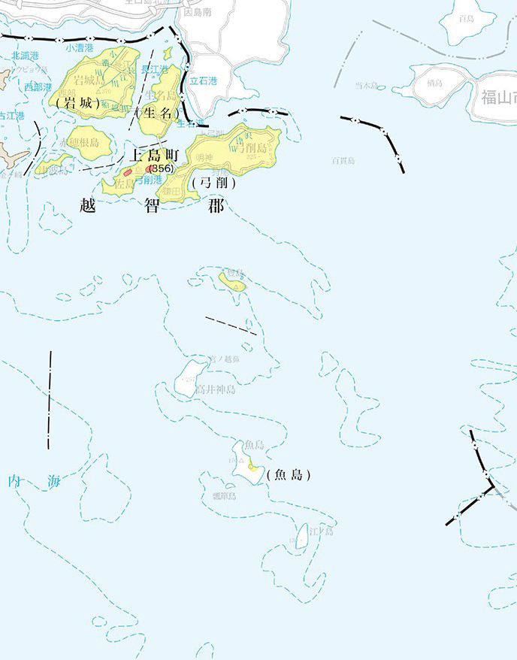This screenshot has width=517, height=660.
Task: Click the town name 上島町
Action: [x=153, y=156]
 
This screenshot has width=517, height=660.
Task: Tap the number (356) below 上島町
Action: [x=161, y=168]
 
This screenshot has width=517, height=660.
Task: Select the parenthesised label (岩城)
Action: [x=77, y=103]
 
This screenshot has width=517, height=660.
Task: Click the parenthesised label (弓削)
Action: [x=214, y=183]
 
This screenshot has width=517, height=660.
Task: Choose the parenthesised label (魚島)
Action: [x=289, y=475]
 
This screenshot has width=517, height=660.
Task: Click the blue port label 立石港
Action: [x=202, y=81]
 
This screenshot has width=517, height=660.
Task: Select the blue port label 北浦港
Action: [x=26, y=56]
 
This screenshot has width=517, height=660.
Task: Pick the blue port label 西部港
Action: [x=37, y=87]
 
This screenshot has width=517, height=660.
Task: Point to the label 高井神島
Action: [x=216, y=389]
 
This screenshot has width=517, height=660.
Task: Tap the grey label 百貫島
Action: [x=343, y=160]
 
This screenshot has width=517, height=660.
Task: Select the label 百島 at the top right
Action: [x=467, y=19]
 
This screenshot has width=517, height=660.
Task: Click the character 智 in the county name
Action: [x=153, y=207]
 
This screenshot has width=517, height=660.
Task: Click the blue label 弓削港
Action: [x=148, y=180]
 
